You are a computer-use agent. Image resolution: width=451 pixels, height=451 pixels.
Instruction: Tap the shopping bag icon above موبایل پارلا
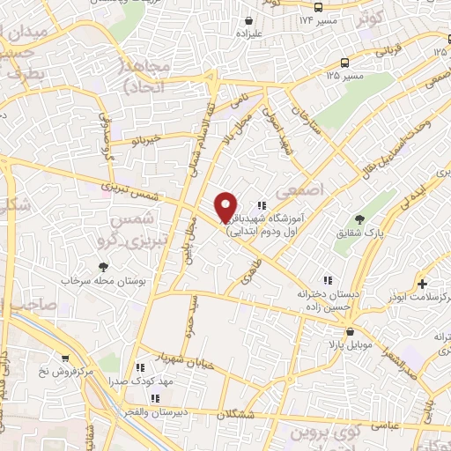(x=351, y=332)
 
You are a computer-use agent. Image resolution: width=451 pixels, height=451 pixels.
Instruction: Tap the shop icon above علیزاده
(x=249, y=20)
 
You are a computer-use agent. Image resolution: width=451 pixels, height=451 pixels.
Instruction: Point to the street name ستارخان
(x=302, y=119)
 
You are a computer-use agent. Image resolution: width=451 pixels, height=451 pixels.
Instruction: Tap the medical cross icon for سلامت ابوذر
(x=424, y=284)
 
